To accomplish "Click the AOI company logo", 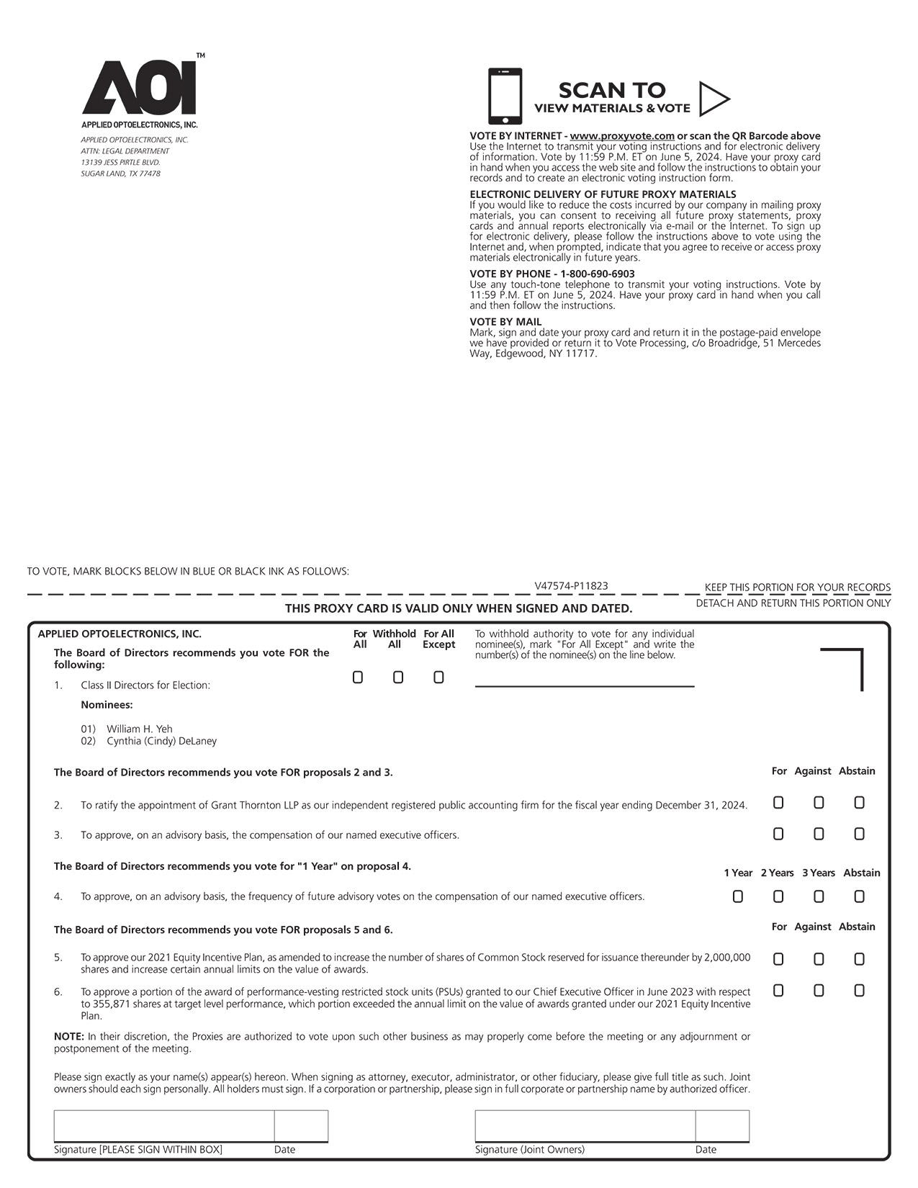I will [x=140, y=88].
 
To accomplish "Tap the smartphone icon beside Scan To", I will [x=505, y=96].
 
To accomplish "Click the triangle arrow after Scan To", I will [x=713, y=99].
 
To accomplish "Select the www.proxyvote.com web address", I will [x=622, y=136].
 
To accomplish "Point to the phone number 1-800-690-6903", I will [x=598, y=274].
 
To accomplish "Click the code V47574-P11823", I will [x=571, y=586].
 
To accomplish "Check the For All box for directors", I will [x=358, y=678].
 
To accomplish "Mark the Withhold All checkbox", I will [x=398, y=678].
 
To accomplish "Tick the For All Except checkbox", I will [x=438, y=678].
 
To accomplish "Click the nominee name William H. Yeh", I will [x=140, y=729].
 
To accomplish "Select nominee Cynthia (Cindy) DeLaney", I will [x=161, y=741].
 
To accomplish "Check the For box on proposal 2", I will [x=778, y=803].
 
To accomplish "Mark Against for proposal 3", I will [x=819, y=834].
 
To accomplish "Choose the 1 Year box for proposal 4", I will [x=738, y=897].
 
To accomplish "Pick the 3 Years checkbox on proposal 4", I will [x=819, y=897].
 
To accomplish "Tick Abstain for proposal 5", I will [x=859, y=959].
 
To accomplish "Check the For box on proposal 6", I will [x=778, y=991].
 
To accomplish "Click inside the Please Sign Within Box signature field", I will [x=163, y=1126].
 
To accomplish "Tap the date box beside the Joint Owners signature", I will [x=722, y=1126].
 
